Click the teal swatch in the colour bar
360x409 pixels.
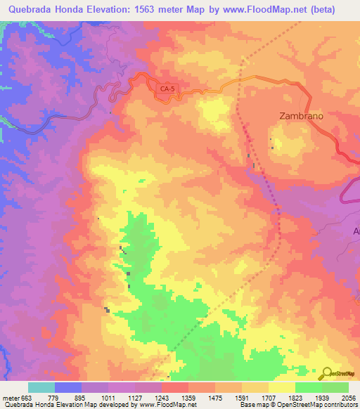41,387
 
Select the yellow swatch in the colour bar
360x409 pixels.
281,387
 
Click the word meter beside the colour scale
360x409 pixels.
10,397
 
